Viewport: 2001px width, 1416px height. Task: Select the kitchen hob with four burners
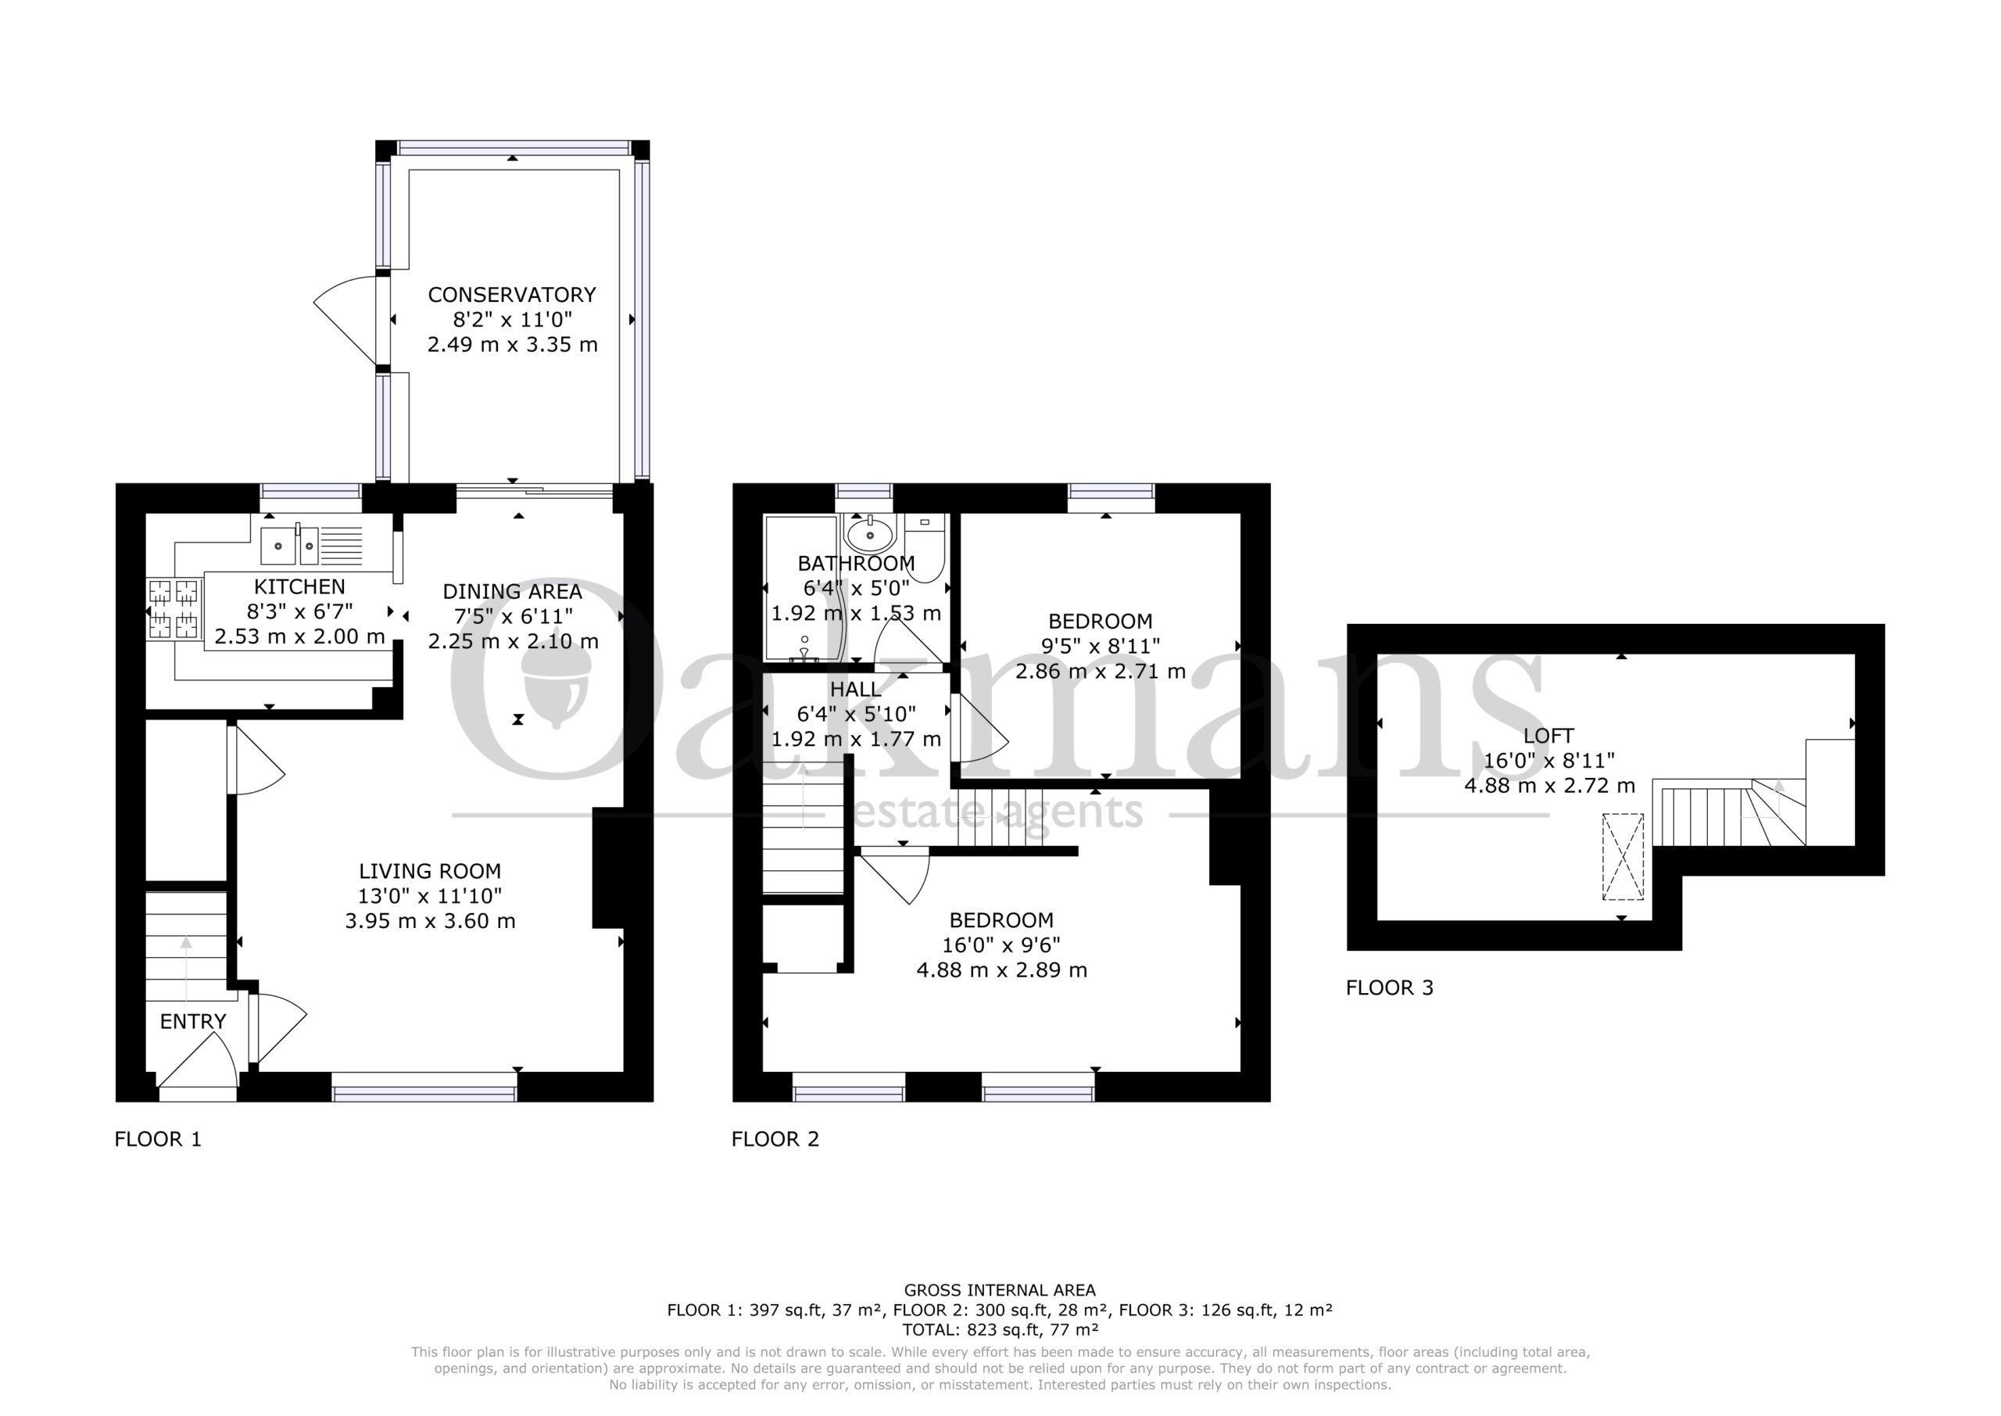pyautogui.click(x=174, y=608)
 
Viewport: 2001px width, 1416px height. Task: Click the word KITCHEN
pyautogui.click(x=300, y=586)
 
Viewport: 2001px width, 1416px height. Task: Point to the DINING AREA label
pyautogui.click(x=513, y=591)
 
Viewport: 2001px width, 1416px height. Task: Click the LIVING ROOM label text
pyautogui.click(x=430, y=871)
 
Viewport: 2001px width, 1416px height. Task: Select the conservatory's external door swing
pyautogui.click(x=346, y=319)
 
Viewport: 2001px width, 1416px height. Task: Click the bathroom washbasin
pyautogui.click(x=869, y=532)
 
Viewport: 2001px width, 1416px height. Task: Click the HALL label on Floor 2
pyautogui.click(x=855, y=690)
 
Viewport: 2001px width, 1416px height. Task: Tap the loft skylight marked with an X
pyautogui.click(x=1623, y=856)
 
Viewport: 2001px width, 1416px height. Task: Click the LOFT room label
pyautogui.click(x=1548, y=736)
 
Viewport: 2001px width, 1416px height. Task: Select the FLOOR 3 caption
pyautogui.click(x=1389, y=988)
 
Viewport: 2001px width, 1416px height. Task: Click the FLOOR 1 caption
pyautogui.click(x=158, y=1138)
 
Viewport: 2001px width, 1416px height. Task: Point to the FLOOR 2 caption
pyautogui.click(x=775, y=1138)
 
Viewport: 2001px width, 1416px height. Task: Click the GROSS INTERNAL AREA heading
pyautogui.click(x=1000, y=1290)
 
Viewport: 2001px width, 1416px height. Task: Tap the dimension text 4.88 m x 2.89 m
pyautogui.click(x=1001, y=970)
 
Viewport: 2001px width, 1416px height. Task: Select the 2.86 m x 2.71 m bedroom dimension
pyautogui.click(x=1100, y=672)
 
